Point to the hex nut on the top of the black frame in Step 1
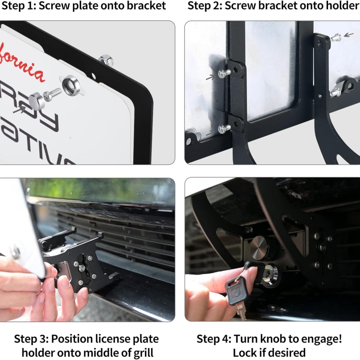point(105,59)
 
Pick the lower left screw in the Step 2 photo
point(224,129)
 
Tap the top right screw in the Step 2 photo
point(335,38)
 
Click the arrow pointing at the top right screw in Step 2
point(348,34)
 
